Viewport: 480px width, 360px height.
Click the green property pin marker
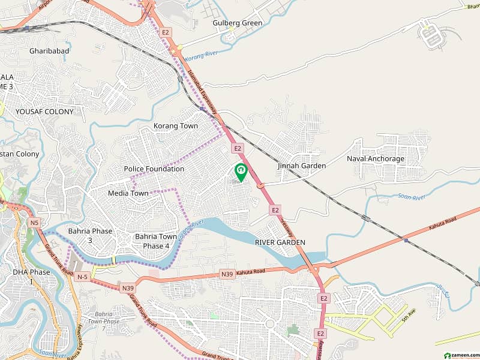pos(241,172)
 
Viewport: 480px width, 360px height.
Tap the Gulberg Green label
pos(238,23)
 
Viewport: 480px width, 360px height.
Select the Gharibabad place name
pos(49,51)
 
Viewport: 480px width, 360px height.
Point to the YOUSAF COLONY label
pos(44,112)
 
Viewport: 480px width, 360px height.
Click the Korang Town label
pos(175,126)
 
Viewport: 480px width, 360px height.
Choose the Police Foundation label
pos(154,169)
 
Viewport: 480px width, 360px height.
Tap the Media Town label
pos(128,193)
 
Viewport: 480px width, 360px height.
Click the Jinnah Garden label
pos(302,166)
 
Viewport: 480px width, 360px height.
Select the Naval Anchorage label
pos(376,159)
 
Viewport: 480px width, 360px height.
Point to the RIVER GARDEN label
pos(280,242)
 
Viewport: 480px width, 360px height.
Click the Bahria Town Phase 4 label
pos(156,241)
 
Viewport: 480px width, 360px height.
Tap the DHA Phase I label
pos(31,277)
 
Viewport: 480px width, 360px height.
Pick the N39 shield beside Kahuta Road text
pos(227,274)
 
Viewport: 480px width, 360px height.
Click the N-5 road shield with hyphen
pos(82,277)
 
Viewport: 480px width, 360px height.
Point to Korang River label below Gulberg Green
pos(200,58)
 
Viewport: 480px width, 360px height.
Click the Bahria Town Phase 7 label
pos(103,321)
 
